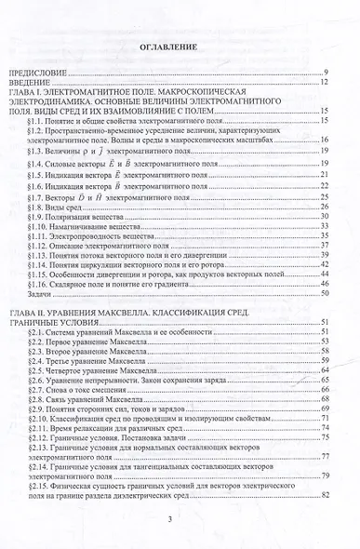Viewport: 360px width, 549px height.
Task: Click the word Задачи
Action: (x=40, y=293)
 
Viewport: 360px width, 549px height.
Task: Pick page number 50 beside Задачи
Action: (x=326, y=293)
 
